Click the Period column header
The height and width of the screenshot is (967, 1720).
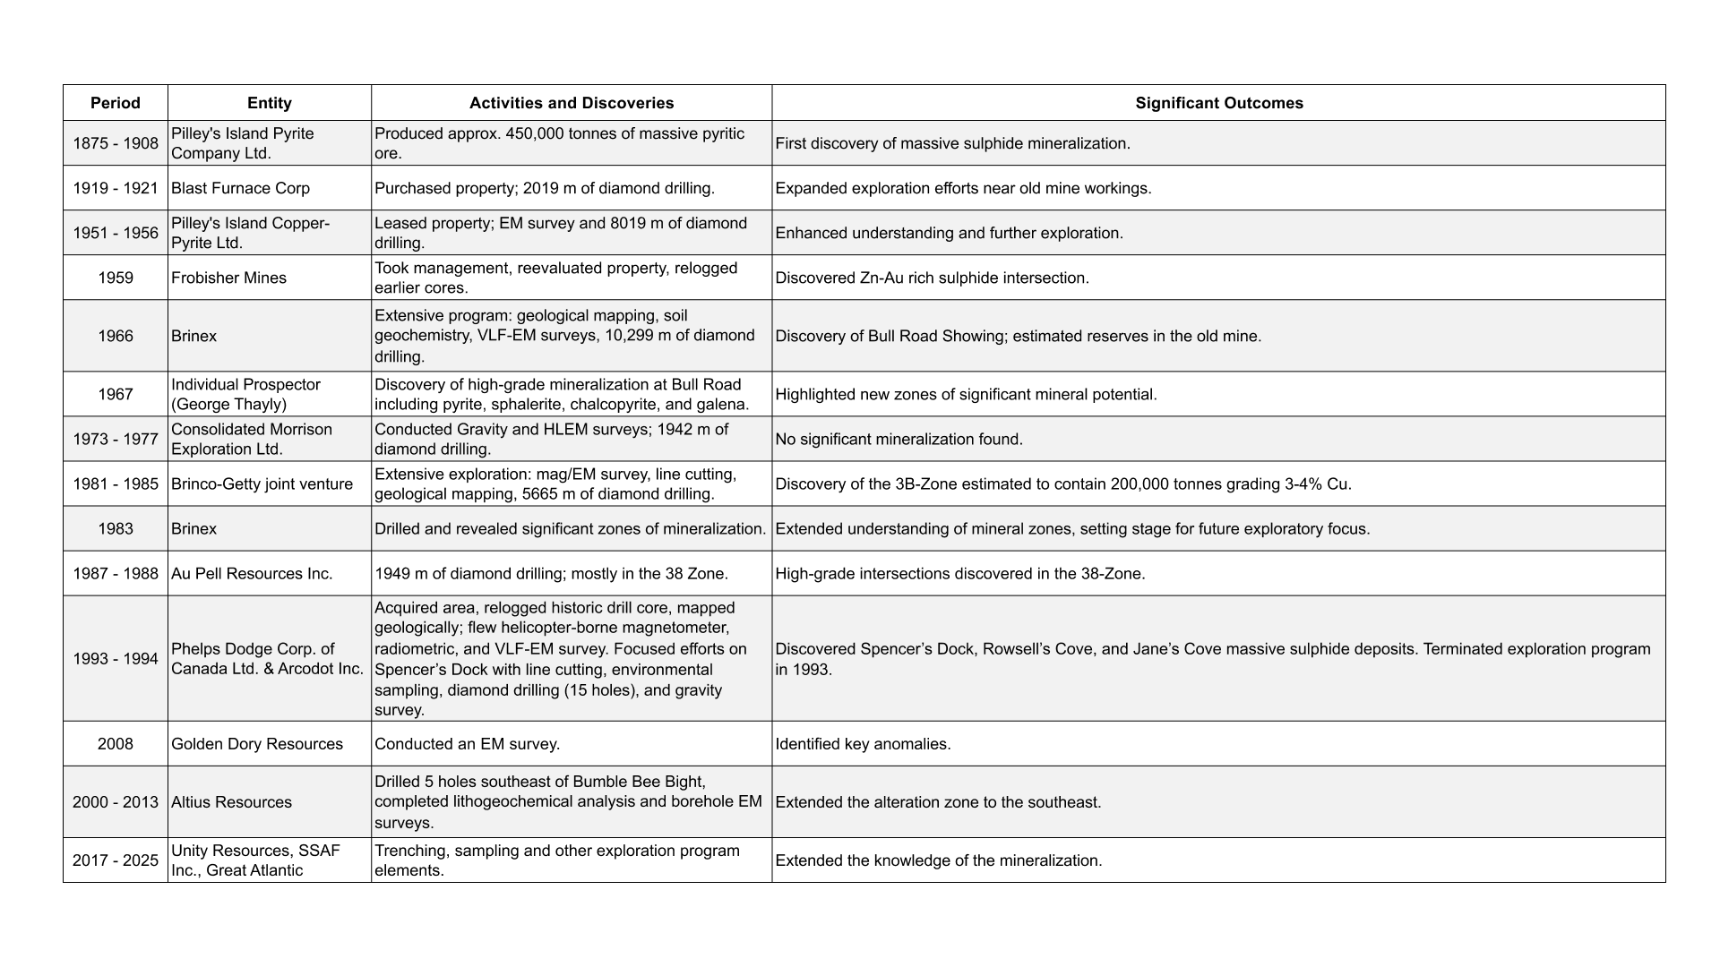(116, 103)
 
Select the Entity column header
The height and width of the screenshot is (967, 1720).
(269, 103)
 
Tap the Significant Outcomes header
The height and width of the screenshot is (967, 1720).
(1218, 103)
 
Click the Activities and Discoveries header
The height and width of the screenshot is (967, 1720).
(572, 103)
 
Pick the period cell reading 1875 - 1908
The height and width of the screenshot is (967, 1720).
(116, 143)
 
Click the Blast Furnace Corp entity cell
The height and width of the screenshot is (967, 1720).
(240, 188)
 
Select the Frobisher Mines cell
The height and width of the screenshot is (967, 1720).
(228, 278)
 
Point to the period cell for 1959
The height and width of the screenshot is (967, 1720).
(116, 278)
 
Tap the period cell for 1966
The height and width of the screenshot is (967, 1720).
(116, 336)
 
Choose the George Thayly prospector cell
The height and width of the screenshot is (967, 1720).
(245, 394)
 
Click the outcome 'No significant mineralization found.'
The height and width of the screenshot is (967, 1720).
(899, 439)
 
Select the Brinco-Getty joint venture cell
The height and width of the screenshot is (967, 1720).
(262, 483)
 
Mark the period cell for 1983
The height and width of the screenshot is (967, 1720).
(116, 528)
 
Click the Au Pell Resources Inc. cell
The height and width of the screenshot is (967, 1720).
(252, 573)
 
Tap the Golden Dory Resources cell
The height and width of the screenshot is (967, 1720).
(257, 743)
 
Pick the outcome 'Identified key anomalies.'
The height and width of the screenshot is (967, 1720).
(863, 743)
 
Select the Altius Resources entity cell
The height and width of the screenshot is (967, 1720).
(231, 801)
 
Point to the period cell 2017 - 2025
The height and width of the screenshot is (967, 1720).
(116, 860)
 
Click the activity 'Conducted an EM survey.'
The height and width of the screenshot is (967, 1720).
(467, 743)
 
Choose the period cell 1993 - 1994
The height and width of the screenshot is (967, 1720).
(116, 658)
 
